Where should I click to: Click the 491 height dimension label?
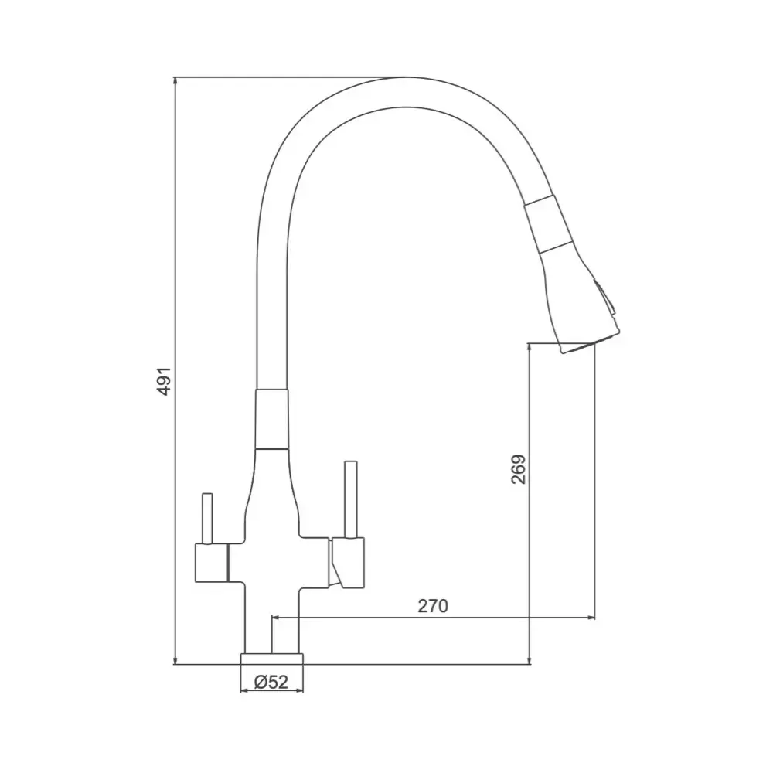click(x=163, y=380)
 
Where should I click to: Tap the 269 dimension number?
click(x=518, y=468)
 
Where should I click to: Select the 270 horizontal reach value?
click(x=433, y=606)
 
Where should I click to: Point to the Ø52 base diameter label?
click(x=271, y=682)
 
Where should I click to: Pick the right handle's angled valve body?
click(x=346, y=560)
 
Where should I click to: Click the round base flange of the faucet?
click(x=272, y=657)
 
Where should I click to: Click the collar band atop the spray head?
click(x=543, y=224)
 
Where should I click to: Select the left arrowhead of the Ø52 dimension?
click(x=244, y=690)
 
